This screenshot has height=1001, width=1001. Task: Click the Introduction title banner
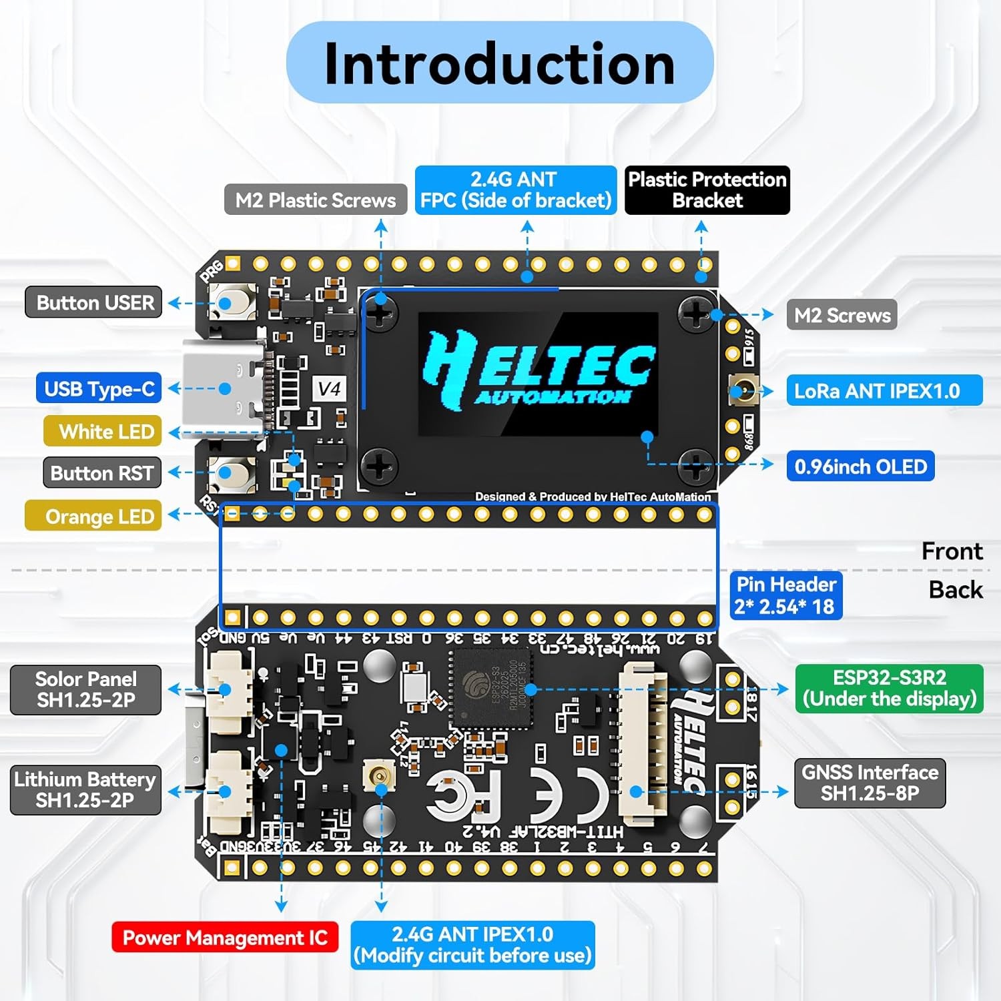(x=499, y=63)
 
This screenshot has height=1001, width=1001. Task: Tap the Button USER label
(x=94, y=303)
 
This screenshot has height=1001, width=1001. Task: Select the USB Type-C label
(x=99, y=389)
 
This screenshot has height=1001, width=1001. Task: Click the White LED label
(x=102, y=432)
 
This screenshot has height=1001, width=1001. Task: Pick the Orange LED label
(x=93, y=517)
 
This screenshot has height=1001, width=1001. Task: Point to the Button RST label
(x=102, y=473)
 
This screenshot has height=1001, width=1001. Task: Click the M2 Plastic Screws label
(x=316, y=200)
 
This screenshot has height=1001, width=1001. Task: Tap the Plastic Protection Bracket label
(x=707, y=190)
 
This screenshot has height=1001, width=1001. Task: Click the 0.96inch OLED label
(x=860, y=466)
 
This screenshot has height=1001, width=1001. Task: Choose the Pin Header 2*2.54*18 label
(x=785, y=595)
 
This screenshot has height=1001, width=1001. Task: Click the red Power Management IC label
(x=225, y=938)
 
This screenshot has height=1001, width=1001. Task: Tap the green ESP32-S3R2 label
(x=889, y=689)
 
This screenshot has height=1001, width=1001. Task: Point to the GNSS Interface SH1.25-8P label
(x=870, y=783)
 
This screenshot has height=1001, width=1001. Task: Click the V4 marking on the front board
(x=329, y=388)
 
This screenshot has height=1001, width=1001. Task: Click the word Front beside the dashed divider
(x=952, y=551)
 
